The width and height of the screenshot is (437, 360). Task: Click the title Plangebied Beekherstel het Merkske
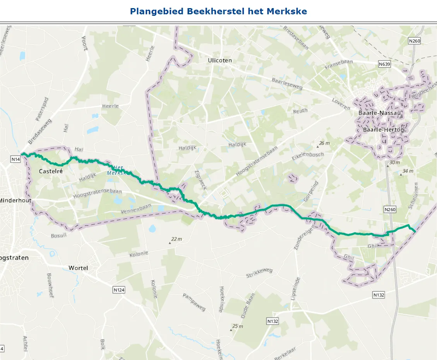(x=218, y=11)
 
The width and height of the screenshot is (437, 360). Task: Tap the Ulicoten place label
(x=219, y=60)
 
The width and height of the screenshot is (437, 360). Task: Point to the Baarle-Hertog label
(x=384, y=130)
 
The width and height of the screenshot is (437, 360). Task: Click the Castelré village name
(x=51, y=171)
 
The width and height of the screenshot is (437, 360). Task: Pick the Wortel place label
(x=78, y=268)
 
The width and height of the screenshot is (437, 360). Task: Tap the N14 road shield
(x=15, y=159)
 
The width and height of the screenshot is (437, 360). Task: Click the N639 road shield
(x=384, y=64)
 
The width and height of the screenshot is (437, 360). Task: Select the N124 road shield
(x=119, y=290)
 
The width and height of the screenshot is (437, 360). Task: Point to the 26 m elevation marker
(x=324, y=143)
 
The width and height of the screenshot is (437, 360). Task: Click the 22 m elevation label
(x=176, y=239)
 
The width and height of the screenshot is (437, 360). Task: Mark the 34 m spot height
(x=408, y=171)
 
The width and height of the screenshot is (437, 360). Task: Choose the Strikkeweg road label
(x=259, y=273)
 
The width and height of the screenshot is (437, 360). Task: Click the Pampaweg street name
(x=194, y=302)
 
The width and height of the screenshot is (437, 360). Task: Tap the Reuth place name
(x=300, y=111)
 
